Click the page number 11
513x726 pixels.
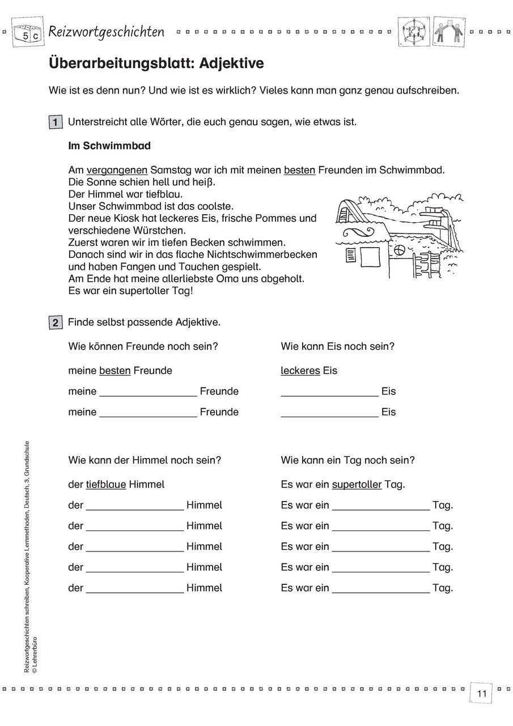pos(482,694)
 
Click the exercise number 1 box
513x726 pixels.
pos(56,122)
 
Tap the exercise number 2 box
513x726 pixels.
pos(56,323)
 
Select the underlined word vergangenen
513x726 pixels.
pos(117,170)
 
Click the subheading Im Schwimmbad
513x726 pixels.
pos(109,146)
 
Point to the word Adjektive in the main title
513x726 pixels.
pos(232,63)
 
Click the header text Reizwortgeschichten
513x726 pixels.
pos(107,32)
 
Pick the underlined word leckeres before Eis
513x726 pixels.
pos(300,371)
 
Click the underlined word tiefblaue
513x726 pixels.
pos(106,485)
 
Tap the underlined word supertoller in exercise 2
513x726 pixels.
pos(357,485)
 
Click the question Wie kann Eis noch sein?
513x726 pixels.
pos(337,346)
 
